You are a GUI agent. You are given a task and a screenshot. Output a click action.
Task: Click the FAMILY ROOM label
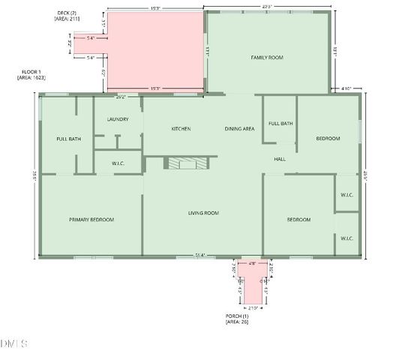(x=266, y=57)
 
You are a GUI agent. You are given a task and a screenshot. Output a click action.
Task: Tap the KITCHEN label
(x=181, y=129)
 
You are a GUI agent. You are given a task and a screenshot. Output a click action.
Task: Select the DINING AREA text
(x=239, y=129)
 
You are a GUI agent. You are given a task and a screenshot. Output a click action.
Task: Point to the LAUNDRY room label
(x=118, y=119)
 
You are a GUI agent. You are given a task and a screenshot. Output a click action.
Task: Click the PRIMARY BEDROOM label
(x=91, y=220)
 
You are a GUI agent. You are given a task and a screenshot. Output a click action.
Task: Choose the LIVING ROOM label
(x=202, y=213)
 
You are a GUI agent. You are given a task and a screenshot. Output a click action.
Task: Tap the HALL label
(x=280, y=159)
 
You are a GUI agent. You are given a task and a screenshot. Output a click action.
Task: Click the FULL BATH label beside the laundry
(x=68, y=139)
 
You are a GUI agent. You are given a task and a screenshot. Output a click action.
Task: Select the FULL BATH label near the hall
(x=280, y=123)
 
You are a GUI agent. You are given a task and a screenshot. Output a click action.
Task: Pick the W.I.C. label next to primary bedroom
(x=118, y=163)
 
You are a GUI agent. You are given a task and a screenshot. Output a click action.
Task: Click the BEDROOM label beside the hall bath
(x=328, y=138)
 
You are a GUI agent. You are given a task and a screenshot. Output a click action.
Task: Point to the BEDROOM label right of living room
(x=298, y=219)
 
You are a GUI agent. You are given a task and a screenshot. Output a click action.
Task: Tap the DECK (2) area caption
(x=67, y=16)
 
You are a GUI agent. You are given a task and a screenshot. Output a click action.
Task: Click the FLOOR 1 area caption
(x=31, y=74)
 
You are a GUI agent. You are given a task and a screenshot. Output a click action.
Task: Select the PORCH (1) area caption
(x=238, y=318)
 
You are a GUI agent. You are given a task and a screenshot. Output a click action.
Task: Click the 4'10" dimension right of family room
(x=346, y=88)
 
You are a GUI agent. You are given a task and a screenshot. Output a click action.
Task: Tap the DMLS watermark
(x=15, y=343)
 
